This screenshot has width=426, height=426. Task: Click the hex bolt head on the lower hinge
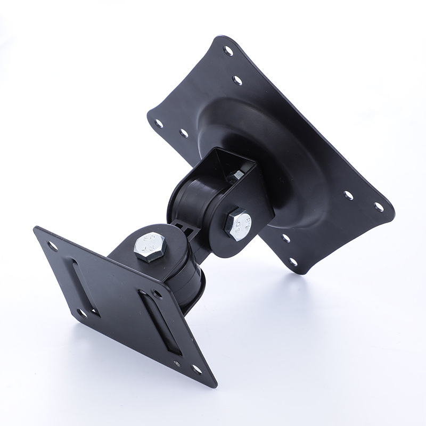[149, 246]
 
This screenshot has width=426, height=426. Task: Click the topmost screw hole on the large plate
[228, 51]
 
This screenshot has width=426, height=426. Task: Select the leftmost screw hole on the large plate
[159, 123]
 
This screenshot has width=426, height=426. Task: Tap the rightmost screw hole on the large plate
[379, 207]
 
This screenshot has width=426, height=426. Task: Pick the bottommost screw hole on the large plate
[292, 261]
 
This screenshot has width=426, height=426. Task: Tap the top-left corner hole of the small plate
[53, 246]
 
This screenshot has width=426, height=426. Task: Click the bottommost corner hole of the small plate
[196, 368]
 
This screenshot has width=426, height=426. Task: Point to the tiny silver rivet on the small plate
[176, 364]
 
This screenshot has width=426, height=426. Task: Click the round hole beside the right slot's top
[157, 293]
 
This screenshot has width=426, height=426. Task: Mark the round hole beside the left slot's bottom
[81, 313]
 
